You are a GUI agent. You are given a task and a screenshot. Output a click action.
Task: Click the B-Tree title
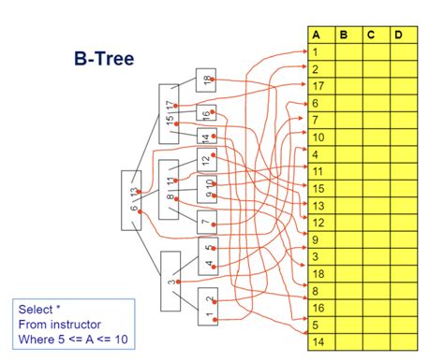(103, 59)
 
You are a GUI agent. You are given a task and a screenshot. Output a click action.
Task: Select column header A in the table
(321, 36)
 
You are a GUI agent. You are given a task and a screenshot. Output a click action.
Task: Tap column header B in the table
(348, 36)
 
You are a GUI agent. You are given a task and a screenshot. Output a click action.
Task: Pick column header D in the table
(399, 36)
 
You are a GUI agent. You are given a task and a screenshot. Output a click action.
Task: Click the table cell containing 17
(321, 86)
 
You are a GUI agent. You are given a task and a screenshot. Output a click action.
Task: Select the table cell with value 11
(321, 171)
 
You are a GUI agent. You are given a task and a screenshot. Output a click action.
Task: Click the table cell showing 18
(321, 272)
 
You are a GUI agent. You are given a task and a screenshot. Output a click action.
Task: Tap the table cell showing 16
(321, 307)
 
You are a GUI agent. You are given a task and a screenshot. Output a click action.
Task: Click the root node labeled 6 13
(132, 199)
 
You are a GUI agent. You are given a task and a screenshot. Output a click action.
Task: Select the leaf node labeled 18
(207, 80)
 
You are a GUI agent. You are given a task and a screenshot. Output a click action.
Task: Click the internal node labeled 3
(170, 282)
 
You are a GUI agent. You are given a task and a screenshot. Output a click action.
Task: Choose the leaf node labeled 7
(207, 223)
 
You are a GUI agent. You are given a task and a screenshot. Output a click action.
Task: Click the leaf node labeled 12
(207, 161)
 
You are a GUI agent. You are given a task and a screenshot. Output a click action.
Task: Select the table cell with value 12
(321, 222)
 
